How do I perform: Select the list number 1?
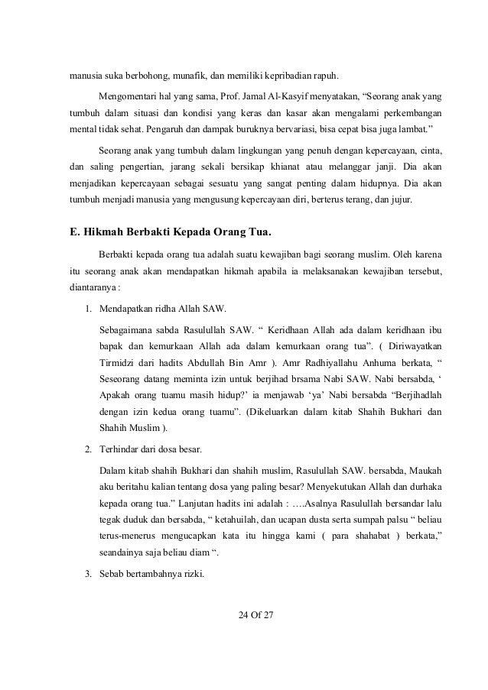pyautogui.click(x=89, y=309)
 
